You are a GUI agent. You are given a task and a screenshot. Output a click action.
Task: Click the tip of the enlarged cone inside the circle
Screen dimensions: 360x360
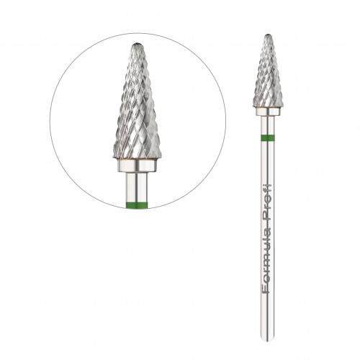(137, 43)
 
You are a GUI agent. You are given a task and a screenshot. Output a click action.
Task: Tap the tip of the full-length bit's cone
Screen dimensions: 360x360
(269, 35)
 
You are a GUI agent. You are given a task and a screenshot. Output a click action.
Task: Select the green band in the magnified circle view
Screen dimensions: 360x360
(137, 204)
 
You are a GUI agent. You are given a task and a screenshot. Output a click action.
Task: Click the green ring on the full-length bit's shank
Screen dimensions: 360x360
(268, 138)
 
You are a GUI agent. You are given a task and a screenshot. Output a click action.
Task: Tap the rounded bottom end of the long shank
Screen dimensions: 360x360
(268, 339)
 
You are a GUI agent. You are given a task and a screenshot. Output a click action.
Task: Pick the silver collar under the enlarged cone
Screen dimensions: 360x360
(137, 166)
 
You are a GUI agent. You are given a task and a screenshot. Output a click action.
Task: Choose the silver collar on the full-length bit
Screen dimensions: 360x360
(268, 111)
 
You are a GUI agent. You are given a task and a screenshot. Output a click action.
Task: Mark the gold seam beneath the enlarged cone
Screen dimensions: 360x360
(137, 158)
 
